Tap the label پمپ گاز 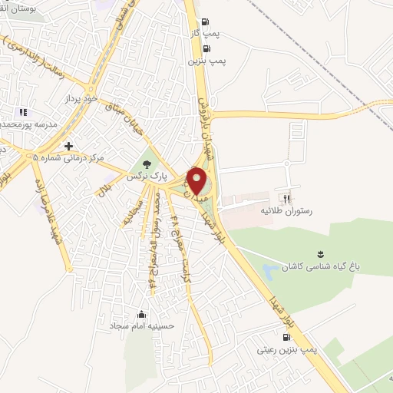pos(202,35)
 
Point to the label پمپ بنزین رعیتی pos(287,349)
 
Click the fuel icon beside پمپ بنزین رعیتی pos(287,337)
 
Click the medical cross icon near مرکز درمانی pos(69,145)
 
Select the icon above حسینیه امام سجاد pos(140,313)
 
